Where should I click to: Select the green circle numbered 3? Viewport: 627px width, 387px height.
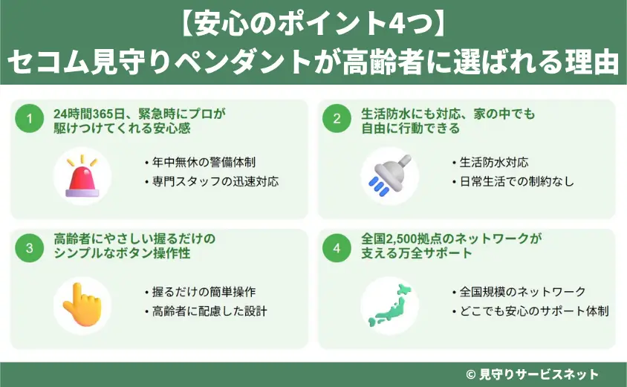[30, 250]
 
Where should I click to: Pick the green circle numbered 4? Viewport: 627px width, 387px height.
[337, 250]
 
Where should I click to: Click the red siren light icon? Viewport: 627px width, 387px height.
[82, 176]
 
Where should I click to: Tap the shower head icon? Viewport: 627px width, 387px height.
[389, 175]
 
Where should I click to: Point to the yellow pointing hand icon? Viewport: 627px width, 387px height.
[82, 305]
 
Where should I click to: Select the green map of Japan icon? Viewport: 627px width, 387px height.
[389, 305]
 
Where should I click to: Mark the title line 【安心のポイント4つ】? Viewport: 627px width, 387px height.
[313, 25]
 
